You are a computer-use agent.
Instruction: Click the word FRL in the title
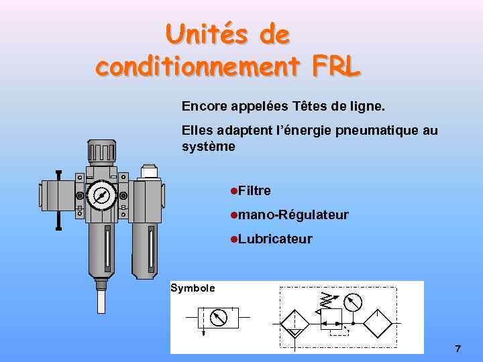pyautogui.click(x=336, y=66)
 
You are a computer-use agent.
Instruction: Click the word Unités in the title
pyautogui.click(x=199, y=34)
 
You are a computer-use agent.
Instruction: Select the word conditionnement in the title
pyautogui.click(x=199, y=66)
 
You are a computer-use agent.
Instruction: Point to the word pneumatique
pyautogui.click(x=374, y=130)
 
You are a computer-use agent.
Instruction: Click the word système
pyautogui.click(x=208, y=146)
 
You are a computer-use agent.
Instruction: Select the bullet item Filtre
pyautogui.click(x=254, y=191)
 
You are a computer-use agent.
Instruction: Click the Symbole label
pyautogui.click(x=193, y=288)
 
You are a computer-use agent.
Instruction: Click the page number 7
pyautogui.click(x=458, y=349)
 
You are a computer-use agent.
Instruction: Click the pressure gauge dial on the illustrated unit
pyautogui.click(x=101, y=195)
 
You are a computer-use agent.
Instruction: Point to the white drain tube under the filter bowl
pyautogui.click(x=101, y=299)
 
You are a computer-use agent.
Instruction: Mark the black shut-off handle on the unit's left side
pyautogui.click(x=58, y=200)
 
